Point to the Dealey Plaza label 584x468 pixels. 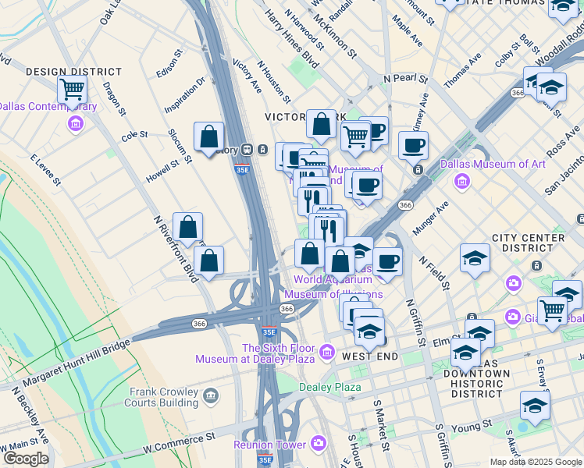[330, 387]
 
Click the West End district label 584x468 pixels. [370, 356]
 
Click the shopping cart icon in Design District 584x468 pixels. [72, 90]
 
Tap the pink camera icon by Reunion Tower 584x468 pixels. [318, 444]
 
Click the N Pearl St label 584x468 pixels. [405, 79]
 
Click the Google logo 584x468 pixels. [26, 458]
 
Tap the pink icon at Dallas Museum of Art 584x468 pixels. [461, 181]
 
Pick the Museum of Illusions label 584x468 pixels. [333, 294]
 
